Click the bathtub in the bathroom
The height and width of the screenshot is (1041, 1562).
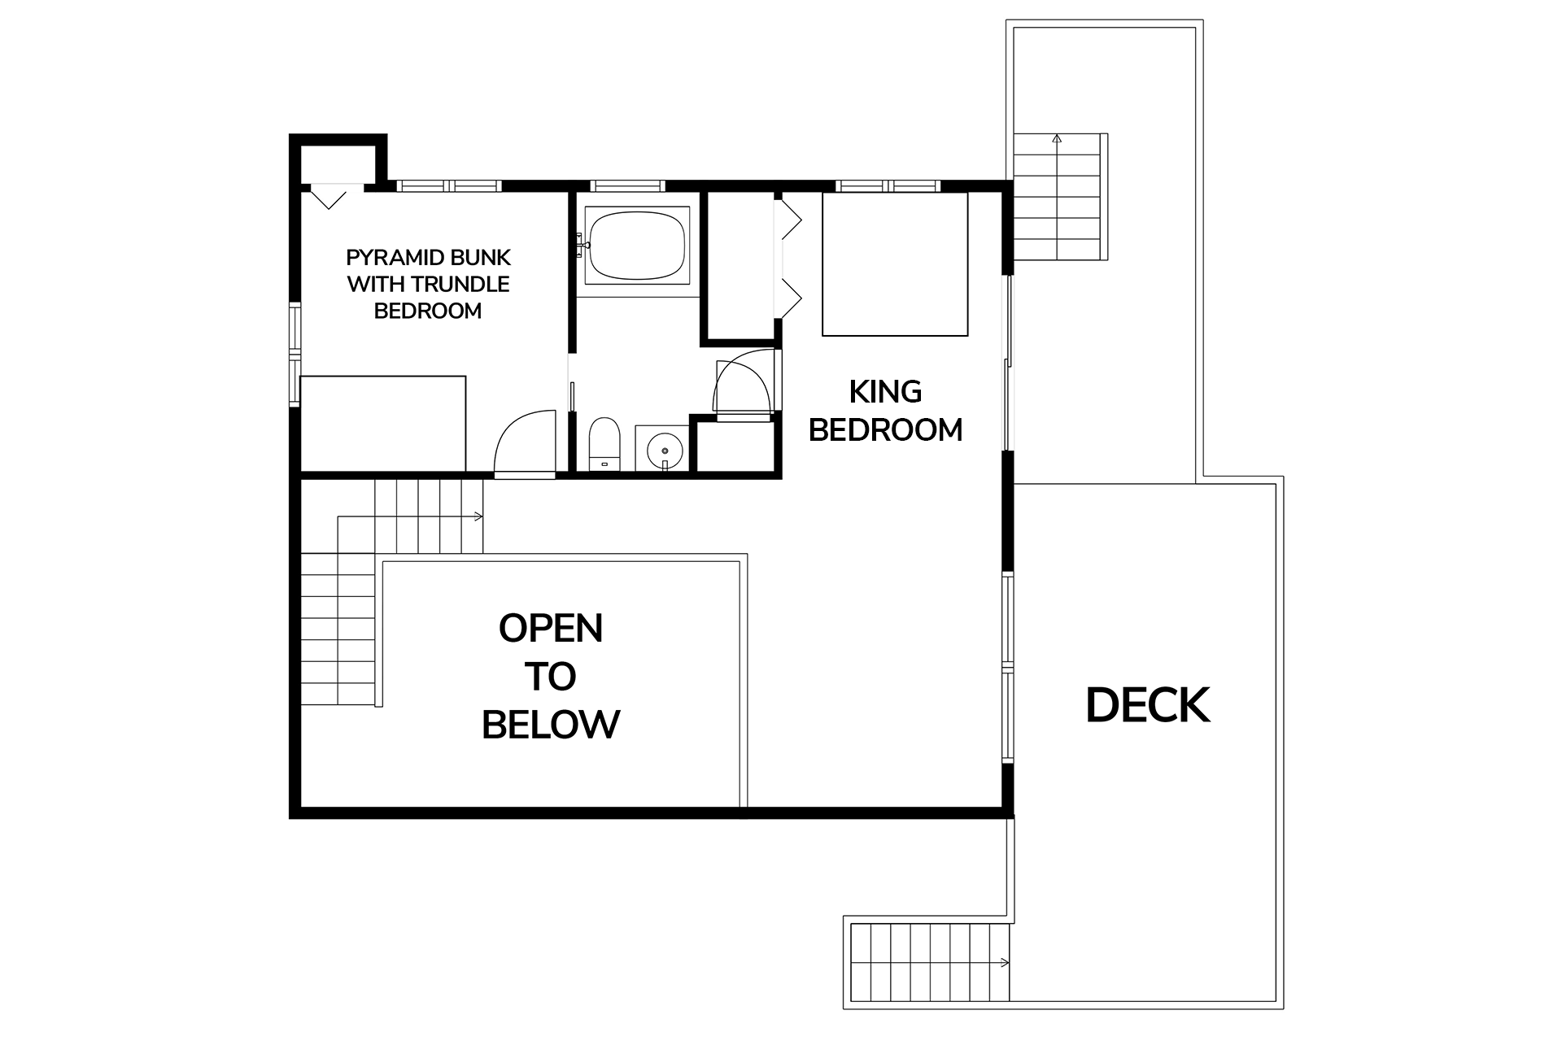coord(637,245)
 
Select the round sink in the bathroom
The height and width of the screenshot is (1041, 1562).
coord(664,448)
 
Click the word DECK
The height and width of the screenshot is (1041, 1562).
coord(1148,705)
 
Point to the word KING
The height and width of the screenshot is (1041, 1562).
coord(885,392)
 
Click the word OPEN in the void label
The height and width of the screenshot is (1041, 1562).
coord(551,628)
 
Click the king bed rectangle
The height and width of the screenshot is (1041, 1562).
coord(895,264)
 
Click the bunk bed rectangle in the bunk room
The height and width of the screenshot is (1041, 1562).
coord(383,423)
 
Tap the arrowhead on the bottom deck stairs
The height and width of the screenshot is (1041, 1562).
coord(1005,963)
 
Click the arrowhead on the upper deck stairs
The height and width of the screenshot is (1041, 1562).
coord(1057,139)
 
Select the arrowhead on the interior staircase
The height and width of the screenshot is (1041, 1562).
coord(478,516)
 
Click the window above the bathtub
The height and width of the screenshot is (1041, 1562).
coord(627,185)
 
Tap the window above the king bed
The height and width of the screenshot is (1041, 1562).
coord(890,185)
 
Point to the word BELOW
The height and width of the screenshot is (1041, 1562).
coord(551,724)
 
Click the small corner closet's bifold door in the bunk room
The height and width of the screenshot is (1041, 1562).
coord(329,196)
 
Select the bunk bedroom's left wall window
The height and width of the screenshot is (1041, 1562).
coord(295,354)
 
